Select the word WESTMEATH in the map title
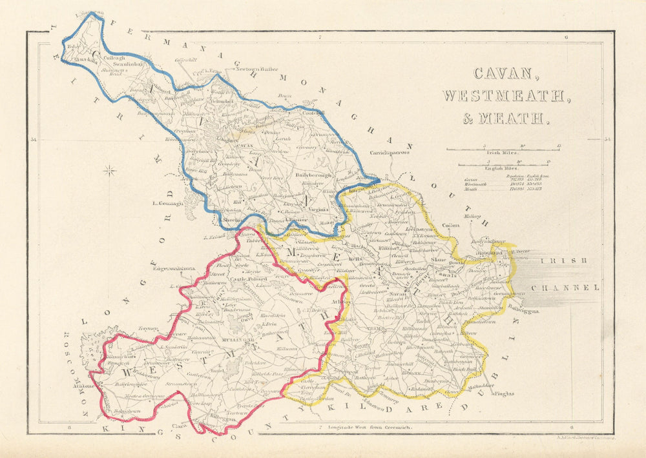506,95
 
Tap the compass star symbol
110,171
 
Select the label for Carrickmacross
390,153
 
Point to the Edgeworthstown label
174,268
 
